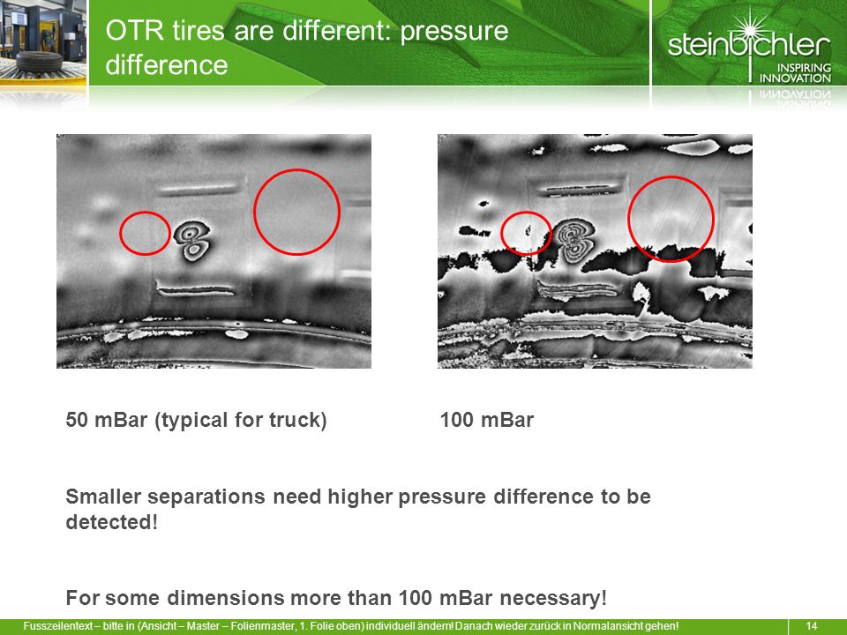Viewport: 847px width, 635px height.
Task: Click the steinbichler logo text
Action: coord(749,44)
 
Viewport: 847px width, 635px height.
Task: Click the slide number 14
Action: coord(812,626)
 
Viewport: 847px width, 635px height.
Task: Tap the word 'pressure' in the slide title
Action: coord(454,30)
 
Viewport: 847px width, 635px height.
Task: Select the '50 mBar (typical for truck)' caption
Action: coord(196,420)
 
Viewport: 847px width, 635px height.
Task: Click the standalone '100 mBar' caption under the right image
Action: coord(487,420)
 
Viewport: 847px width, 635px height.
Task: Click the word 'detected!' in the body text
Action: coord(112,522)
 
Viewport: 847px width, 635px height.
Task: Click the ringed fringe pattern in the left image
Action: coord(191,241)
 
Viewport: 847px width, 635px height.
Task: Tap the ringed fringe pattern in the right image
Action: coord(576,241)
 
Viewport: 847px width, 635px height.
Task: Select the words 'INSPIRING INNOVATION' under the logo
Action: coord(795,73)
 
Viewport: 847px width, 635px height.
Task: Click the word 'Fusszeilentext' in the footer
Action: coord(58,626)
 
